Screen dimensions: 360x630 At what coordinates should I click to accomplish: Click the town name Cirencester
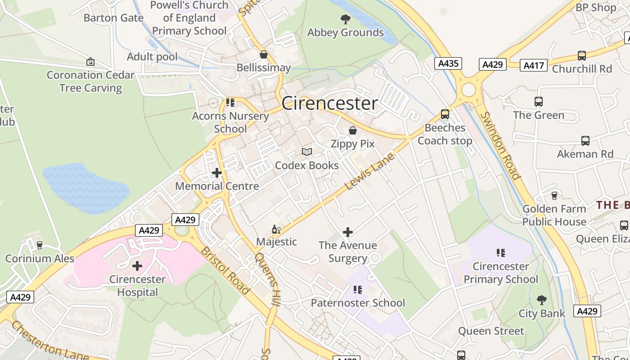coord(329,103)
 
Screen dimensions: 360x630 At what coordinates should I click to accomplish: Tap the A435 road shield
coord(448,63)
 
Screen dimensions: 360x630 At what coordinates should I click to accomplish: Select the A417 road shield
coord(534,66)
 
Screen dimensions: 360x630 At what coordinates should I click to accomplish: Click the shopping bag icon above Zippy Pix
coord(353,130)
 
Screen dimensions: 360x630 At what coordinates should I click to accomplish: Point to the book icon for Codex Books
coord(307,152)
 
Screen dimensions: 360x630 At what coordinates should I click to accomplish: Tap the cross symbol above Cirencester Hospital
coord(137,266)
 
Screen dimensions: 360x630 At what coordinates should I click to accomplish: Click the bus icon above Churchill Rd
coord(582,56)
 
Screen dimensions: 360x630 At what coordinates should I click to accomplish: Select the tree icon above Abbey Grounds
coord(346,19)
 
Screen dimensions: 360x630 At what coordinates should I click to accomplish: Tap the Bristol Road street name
coord(225,270)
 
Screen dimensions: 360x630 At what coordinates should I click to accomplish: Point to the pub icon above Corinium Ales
coord(40,245)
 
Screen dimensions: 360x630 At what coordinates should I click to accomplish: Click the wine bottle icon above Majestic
coord(276,229)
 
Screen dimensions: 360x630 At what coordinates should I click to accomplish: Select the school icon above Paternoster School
coord(358,290)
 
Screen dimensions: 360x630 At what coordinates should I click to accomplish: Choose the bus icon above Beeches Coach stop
coord(445,114)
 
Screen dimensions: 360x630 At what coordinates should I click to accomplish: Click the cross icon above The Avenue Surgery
coord(348,232)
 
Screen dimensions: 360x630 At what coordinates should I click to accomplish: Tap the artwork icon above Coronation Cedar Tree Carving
coord(90,62)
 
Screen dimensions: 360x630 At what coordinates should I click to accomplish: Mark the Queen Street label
coord(491,331)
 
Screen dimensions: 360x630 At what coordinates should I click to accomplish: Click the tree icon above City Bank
coord(542,300)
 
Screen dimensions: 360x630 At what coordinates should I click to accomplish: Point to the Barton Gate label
coord(113,18)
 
